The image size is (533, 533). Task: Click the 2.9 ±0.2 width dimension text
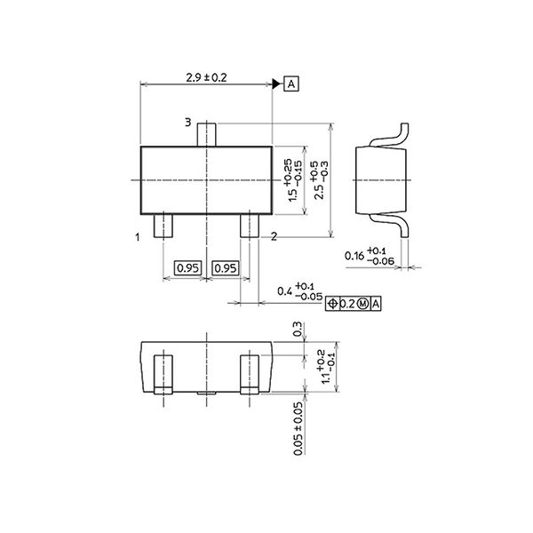pyautogui.click(x=206, y=78)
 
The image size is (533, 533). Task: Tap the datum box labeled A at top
pyautogui.click(x=291, y=84)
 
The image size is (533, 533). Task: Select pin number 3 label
pyautogui.click(x=187, y=122)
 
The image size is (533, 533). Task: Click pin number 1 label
pyautogui.click(x=138, y=237)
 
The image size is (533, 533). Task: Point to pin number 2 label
pyautogui.click(x=274, y=236)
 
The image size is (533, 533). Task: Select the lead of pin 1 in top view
pyautogui.click(x=164, y=226)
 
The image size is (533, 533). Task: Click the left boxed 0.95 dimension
pyautogui.click(x=187, y=267)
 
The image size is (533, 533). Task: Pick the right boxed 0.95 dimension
pyautogui.click(x=227, y=267)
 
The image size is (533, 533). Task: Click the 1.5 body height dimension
pyautogui.click(x=294, y=181)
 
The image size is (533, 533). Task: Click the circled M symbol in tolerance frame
pyautogui.click(x=362, y=304)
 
